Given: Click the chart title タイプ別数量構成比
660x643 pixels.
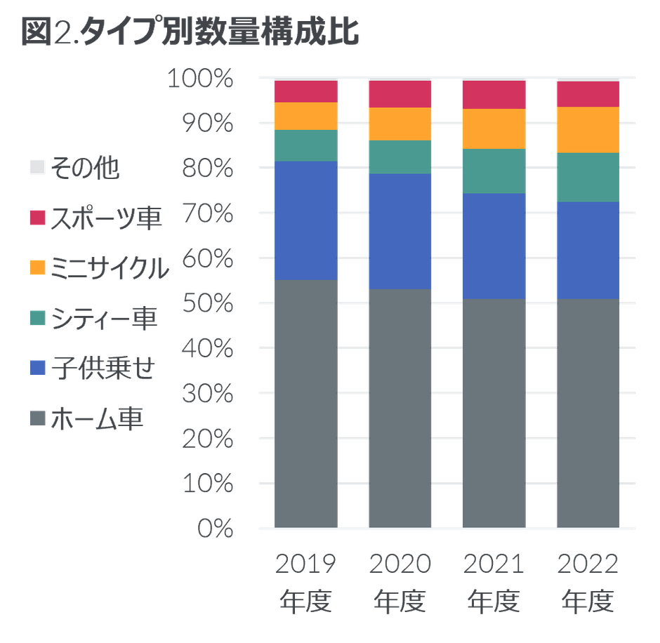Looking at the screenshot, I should [190, 33].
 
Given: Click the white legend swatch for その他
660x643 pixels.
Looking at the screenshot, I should [38, 168].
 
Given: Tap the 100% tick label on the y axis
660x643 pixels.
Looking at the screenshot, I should [201, 79].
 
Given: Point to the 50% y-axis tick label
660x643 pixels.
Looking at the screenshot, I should [206, 303].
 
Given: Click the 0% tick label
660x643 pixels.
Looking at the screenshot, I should [216, 528].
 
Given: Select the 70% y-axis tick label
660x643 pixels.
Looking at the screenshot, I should [206, 213].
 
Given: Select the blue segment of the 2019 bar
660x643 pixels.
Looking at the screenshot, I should [306, 220].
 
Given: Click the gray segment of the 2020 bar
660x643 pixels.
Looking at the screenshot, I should [400, 407].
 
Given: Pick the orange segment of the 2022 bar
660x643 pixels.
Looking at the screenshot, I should [588, 130].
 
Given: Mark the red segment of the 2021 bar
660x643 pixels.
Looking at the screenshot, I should [494, 94].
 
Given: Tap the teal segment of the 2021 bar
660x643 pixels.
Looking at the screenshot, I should [494, 171].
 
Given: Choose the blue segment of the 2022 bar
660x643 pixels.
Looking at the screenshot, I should [588, 250].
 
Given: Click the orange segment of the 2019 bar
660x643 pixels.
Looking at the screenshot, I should [306, 116].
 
